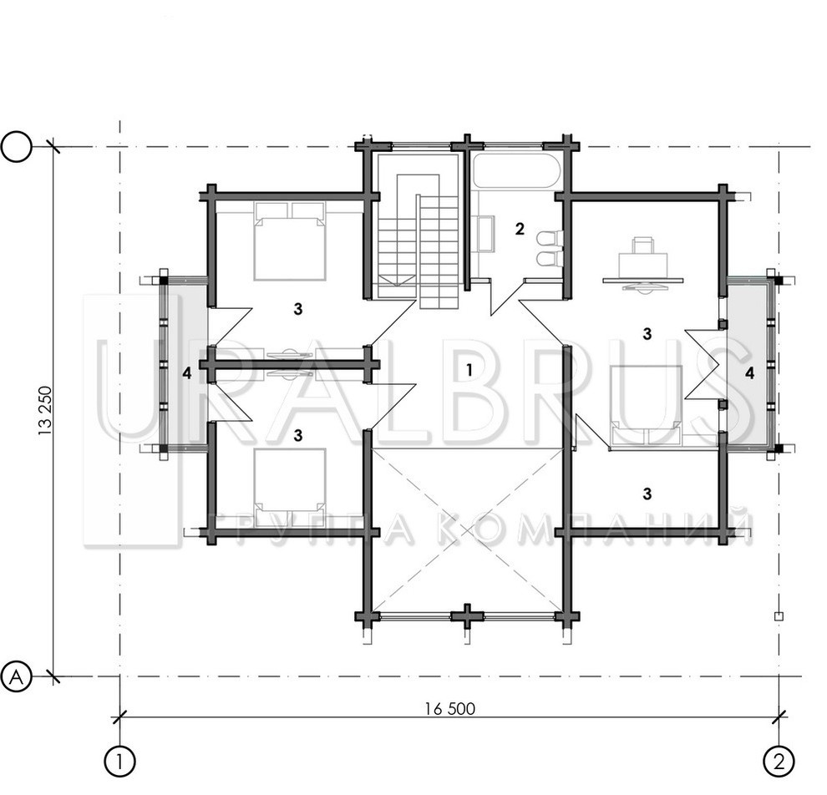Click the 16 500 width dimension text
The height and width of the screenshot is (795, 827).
click(450, 709)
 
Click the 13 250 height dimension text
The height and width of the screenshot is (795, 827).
click(45, 411)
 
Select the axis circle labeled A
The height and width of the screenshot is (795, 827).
click(17, 676)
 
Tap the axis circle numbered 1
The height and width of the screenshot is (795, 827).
click(120, 762)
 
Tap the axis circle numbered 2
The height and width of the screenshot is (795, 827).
click(779, 762)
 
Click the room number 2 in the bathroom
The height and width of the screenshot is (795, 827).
click(520, 229)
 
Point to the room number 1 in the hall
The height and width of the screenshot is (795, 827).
click(469, 371)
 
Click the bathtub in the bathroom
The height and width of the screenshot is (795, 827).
click(515, 171)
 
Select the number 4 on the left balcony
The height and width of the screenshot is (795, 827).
click(187, 374)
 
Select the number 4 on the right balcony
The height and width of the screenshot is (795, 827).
click(750, 374)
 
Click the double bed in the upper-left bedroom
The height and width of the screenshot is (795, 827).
click(290, 241)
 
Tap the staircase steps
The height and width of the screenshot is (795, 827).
click(419, 241)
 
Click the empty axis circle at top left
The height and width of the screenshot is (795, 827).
click(17, 147)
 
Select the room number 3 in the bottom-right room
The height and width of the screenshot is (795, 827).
click(647, 494)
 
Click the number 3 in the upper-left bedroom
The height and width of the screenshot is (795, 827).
click(298, 309)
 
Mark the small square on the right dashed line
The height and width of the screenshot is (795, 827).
click(779, 615)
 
